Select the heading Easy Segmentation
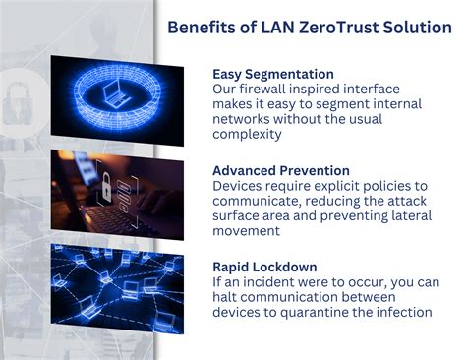point(273,74)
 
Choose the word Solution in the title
point(420,27)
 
